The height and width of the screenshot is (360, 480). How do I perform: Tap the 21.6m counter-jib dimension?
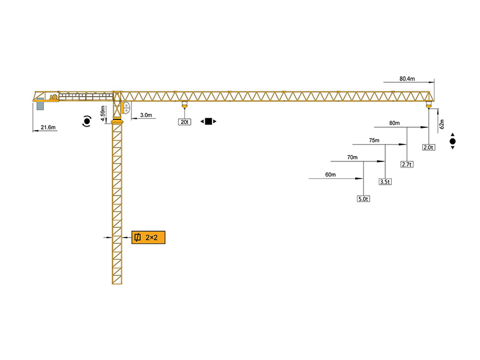tap(47, 127)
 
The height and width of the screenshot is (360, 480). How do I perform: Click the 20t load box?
tap(184, 122)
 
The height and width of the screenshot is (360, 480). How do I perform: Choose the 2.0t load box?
tap(428, 147)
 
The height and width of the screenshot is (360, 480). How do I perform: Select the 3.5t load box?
tap(385, 181)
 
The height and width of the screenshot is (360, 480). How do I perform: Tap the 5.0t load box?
tap(363, 199)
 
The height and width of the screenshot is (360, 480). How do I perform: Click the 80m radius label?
tap(394, 124)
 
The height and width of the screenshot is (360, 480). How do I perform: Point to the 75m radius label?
tap(374, 140)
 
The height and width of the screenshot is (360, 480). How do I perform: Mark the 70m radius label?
tap(352, 158)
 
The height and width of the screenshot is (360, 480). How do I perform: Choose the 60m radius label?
tap(330, 175)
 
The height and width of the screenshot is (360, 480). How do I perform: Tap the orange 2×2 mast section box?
tap(148, 238)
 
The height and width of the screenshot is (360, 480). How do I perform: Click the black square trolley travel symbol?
tap(208, 122)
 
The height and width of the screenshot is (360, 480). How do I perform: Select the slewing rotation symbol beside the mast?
tap(87, 121)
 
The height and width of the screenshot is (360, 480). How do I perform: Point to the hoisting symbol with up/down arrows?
tap(452, 142)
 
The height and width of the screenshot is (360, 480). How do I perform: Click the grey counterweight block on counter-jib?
tap(40, 105)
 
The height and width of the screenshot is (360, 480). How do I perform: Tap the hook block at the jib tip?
tap(428, 106)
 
